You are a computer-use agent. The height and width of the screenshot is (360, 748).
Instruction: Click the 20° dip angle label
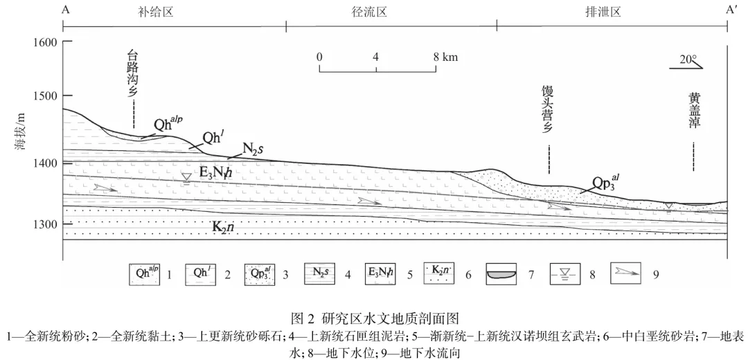688,60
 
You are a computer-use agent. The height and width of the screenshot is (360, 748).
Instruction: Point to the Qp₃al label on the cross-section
605,183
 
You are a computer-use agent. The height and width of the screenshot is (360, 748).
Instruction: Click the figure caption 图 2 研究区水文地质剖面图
375,319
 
